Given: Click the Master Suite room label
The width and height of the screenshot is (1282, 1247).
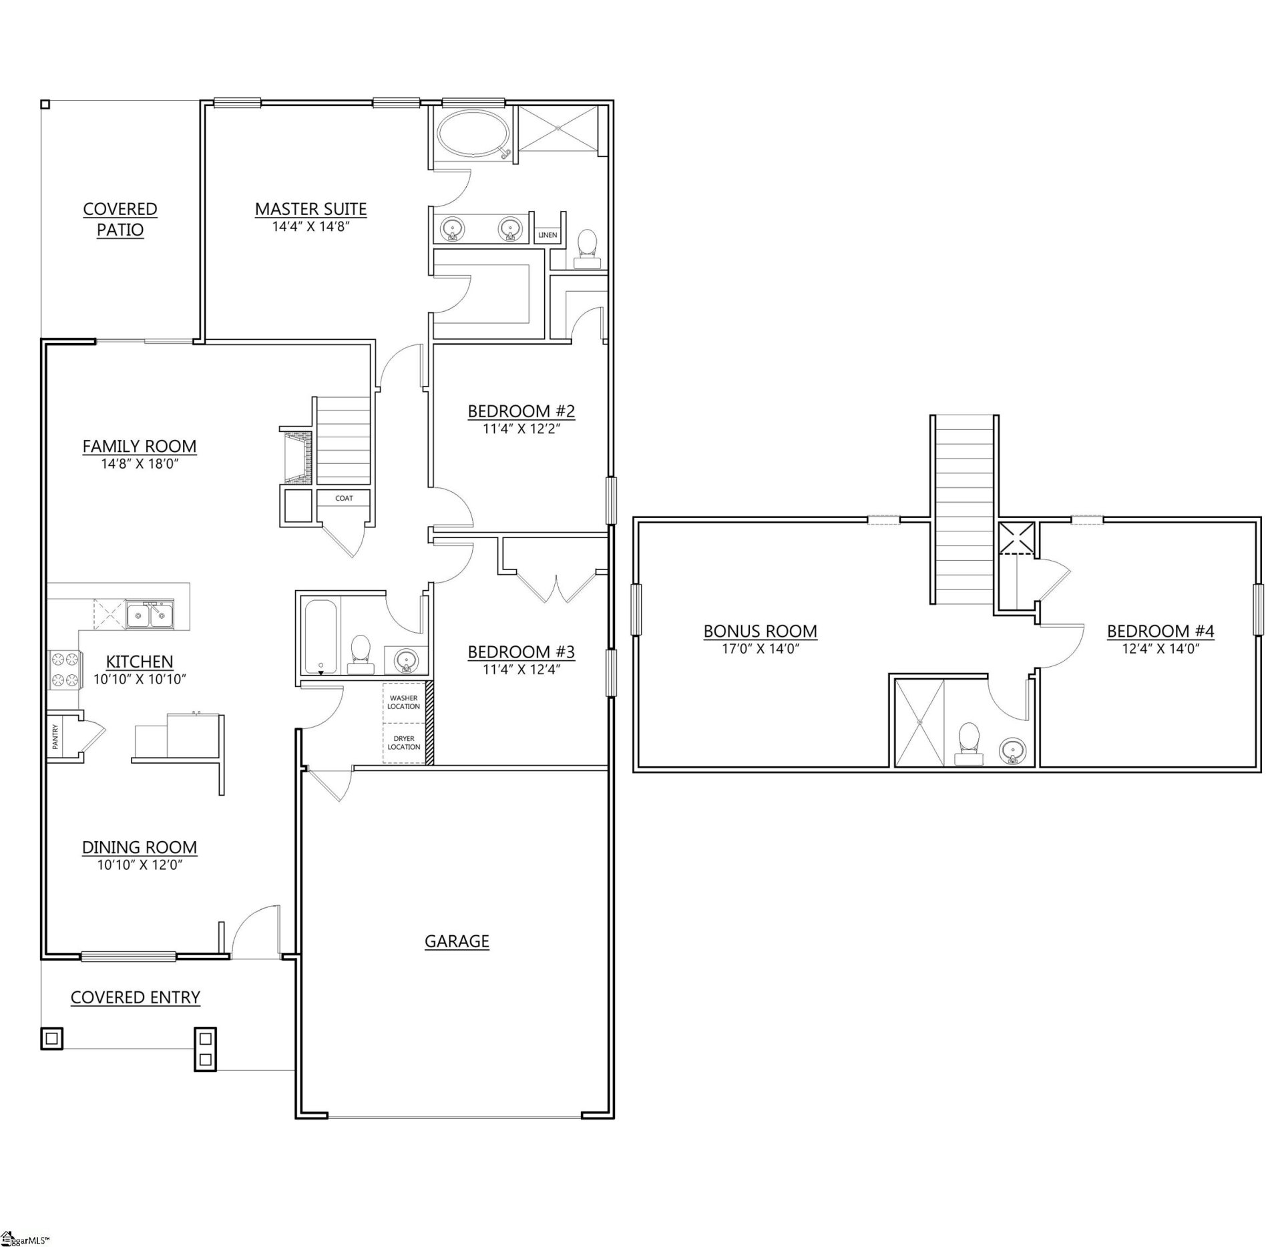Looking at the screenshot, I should coord(310,209).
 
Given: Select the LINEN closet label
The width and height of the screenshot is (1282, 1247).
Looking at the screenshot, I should coord(548,235).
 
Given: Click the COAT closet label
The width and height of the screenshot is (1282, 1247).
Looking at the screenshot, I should coord(344,498).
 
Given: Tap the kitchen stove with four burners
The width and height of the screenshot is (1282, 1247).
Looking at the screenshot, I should coord(64,670).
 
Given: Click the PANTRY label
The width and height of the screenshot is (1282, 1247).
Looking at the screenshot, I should coord(55,737).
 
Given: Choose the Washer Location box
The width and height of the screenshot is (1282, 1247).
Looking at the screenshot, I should coord(404,702).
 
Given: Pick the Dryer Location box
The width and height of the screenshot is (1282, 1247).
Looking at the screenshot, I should coord(404,742).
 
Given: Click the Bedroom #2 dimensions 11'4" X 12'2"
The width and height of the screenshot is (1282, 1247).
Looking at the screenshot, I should coord(521,429).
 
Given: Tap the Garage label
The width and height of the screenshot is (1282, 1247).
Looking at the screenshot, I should coord(457,941).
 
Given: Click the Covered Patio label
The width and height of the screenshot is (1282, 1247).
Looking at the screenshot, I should coord(120,219).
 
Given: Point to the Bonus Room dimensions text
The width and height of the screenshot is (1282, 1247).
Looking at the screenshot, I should coord(760,648).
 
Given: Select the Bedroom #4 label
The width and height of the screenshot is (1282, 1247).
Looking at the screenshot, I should coord(1160,631).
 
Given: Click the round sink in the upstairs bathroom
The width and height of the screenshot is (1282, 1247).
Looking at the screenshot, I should coord(1013,751).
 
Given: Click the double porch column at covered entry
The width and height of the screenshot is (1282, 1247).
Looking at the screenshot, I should coord(205,1049).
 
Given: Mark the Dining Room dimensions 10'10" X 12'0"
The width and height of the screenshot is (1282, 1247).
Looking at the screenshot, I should coord(139,865).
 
